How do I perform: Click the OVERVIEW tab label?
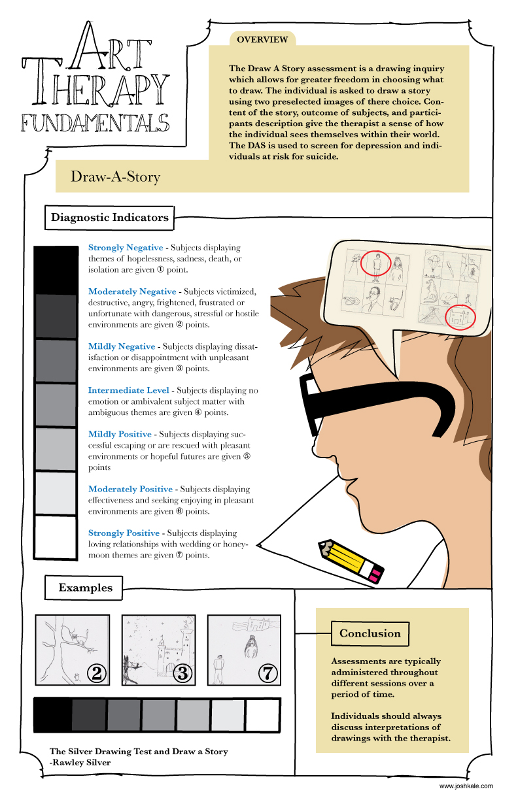(x=262, y=39)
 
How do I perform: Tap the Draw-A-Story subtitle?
(x=115, y=176)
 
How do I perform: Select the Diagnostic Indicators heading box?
(x=109, y=218)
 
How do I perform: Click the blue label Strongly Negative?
(x=126, y=248)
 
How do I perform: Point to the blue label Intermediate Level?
(x=129, y=390)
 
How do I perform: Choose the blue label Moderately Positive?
(x=131, y=489)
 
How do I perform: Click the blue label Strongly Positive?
(x=124, y=533)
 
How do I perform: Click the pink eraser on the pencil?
(x=375, y=575)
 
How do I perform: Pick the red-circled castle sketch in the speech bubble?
(x=460, y=316)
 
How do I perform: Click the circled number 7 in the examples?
(x=268, y=673)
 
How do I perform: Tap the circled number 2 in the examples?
(x=97, y=673)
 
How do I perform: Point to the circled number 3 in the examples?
(x=182, y=673)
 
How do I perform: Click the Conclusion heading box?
(x=370, y=633)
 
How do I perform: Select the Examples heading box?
(x=84, y=588)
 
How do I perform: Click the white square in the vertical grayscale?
(x=56, y=537)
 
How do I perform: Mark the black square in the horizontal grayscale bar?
(x=53, y=715)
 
